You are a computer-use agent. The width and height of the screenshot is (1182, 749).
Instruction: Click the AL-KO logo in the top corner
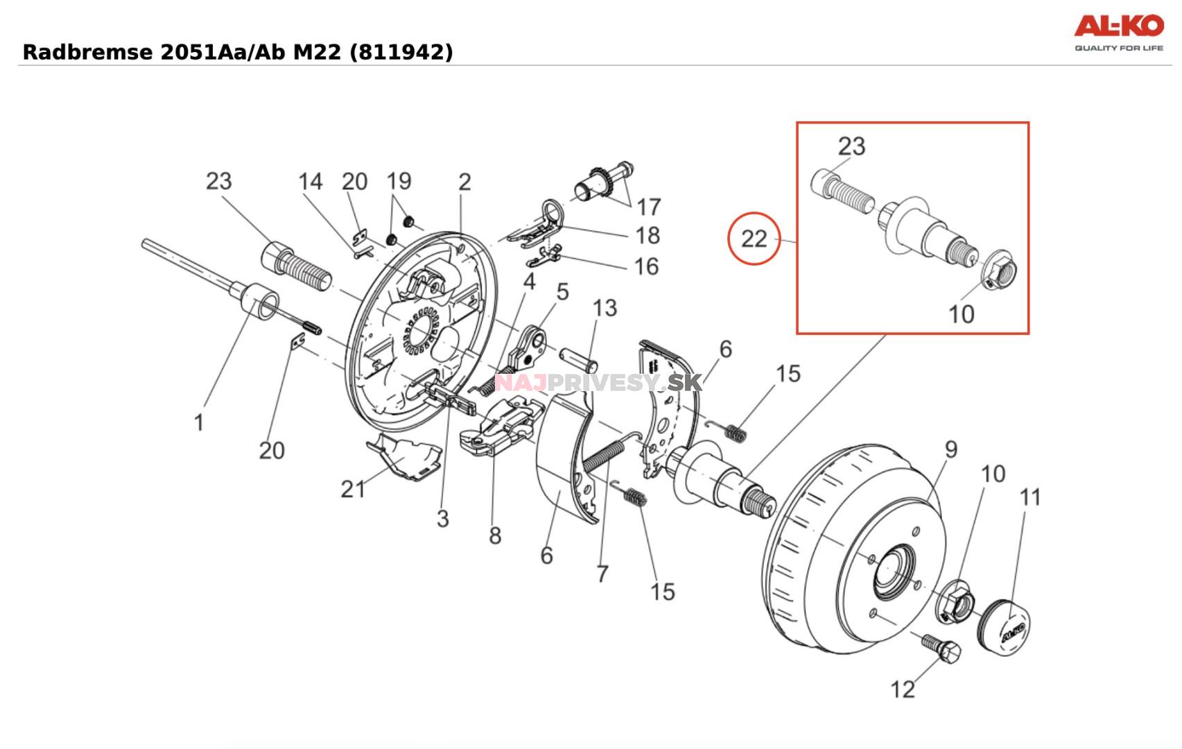(1118, 31)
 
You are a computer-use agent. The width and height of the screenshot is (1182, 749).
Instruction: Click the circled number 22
(754, 239)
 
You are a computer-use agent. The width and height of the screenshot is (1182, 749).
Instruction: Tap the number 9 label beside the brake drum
(950, 449)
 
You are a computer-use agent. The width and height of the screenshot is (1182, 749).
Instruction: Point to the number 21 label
(352, 489)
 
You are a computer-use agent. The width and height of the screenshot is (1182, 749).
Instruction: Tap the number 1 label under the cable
(199, 422)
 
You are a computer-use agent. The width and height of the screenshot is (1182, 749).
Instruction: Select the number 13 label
(605, 308)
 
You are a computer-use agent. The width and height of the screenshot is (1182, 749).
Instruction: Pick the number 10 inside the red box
(961, 314)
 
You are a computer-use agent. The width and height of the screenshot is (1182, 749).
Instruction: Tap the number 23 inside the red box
(851, 146)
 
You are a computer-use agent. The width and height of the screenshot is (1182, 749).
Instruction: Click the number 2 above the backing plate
(464, 182)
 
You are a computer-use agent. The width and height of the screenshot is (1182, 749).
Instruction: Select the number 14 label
(310, 182)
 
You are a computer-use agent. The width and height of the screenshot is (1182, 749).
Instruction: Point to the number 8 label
(494, 535)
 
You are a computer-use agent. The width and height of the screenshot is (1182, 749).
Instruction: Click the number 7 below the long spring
(602, 574)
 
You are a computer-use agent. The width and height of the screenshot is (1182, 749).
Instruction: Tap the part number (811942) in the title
(401, 52)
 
